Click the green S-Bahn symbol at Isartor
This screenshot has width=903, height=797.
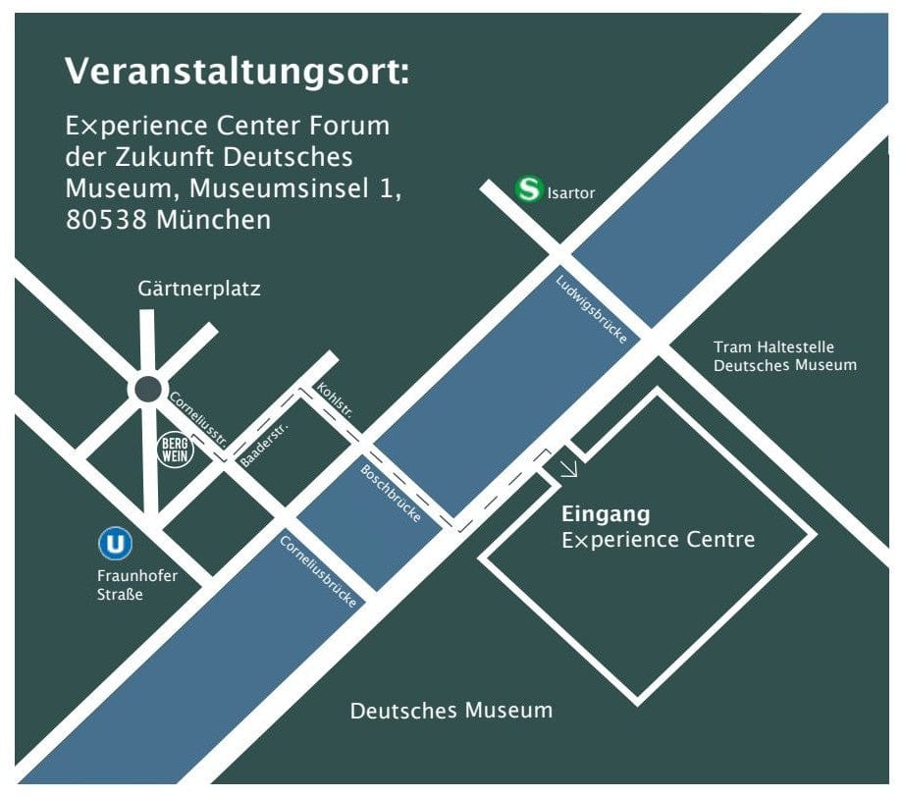pyautogui.click(x=530, y=189)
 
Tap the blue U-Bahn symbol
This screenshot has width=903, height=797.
pyautogui.click(x=116, y=543)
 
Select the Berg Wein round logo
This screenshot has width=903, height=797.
pyautogui.click(x=177, y=450)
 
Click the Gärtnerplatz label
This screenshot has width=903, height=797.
pyautogui.click(x=199, y=290)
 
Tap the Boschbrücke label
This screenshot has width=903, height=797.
pyautogui.click(x=391, y=493)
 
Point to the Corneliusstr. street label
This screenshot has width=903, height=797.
pyautogui.click(x=199, y=419)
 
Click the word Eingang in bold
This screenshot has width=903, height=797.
pyautogui.click(x=606, y=513)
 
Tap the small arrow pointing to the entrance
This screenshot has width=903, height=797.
pyautogui.click(x=568, y=468)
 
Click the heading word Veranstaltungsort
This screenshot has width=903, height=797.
pyautogui.click(x=237, y=72)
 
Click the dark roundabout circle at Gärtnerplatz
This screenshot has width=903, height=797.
pyautogui.click(x=147, y=389)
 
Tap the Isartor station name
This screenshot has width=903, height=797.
pyautogui.click(x=572, y=193)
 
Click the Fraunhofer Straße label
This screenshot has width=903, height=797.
pyautogui.click(x=137, y=584)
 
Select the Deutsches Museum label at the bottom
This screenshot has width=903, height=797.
pyautogui.click(x=451, y=710)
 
